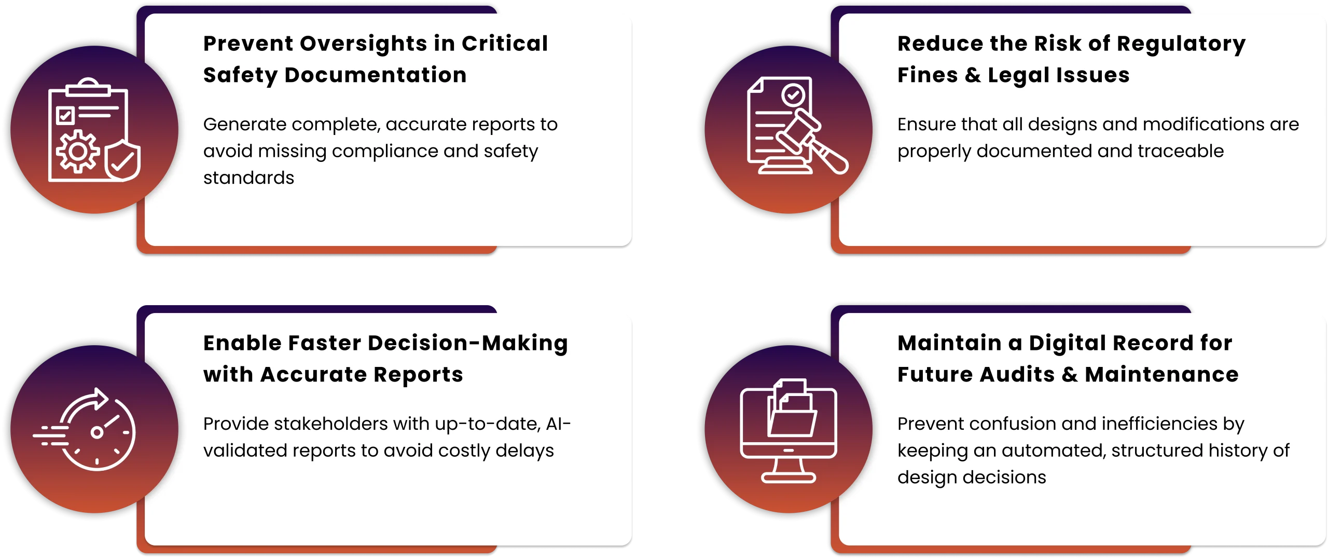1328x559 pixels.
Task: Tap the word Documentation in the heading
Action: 376,76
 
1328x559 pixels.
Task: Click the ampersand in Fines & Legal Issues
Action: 973,76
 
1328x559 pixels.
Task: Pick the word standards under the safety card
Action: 248,178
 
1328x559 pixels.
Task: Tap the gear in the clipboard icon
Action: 78,152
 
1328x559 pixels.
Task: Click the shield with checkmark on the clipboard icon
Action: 122,160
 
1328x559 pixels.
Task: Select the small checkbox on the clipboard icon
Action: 65,115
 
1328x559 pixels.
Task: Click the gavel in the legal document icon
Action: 812,142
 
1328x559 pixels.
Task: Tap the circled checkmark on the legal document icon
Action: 793,95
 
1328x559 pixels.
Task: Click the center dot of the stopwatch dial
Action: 96,432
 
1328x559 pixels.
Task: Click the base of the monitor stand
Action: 789,478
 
